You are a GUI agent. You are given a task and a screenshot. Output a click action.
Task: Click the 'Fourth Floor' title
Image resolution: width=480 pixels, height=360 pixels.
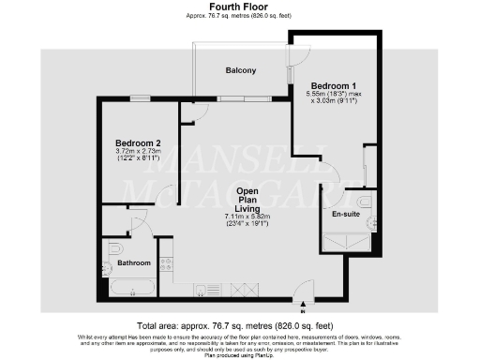coord(240,7)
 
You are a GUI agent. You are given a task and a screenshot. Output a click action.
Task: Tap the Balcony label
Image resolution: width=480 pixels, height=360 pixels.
coord(241,71)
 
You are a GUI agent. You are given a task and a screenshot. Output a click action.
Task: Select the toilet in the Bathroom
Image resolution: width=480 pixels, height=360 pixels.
coord(113,248)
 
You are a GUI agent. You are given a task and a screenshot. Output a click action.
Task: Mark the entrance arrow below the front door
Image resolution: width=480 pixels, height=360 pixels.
coord(303,304)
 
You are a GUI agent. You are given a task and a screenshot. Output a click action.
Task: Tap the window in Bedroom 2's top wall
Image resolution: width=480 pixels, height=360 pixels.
coord(140,97)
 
